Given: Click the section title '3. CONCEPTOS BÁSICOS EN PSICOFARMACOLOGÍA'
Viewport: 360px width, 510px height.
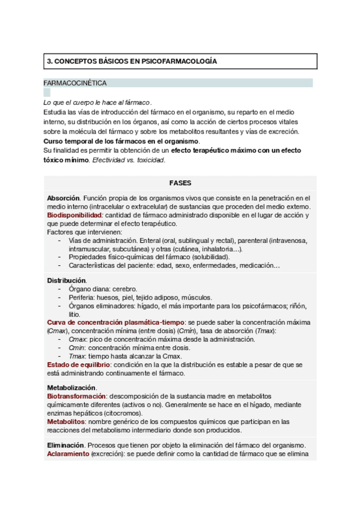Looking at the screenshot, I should tap(132, 61).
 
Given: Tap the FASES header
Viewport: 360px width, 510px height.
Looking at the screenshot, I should tap(180, 183).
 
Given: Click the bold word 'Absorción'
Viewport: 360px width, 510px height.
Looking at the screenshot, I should tap(63, 198).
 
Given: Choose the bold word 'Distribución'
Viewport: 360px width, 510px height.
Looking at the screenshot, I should tap(66, 280).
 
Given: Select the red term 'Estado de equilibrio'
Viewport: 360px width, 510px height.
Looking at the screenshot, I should tap(78, 364).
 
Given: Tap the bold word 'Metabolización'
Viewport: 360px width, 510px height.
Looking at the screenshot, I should tap(71, 388).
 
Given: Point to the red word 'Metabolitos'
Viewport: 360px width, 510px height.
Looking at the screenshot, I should tap(65, 422).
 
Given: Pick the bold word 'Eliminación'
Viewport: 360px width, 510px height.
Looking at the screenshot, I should tap(65, 445).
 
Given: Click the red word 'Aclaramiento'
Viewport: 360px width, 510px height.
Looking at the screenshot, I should tap(68, 453).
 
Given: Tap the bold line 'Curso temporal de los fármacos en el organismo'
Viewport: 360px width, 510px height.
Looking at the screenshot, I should tap(120, 141).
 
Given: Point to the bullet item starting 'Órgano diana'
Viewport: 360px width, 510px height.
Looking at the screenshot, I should tap(103, 289).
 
